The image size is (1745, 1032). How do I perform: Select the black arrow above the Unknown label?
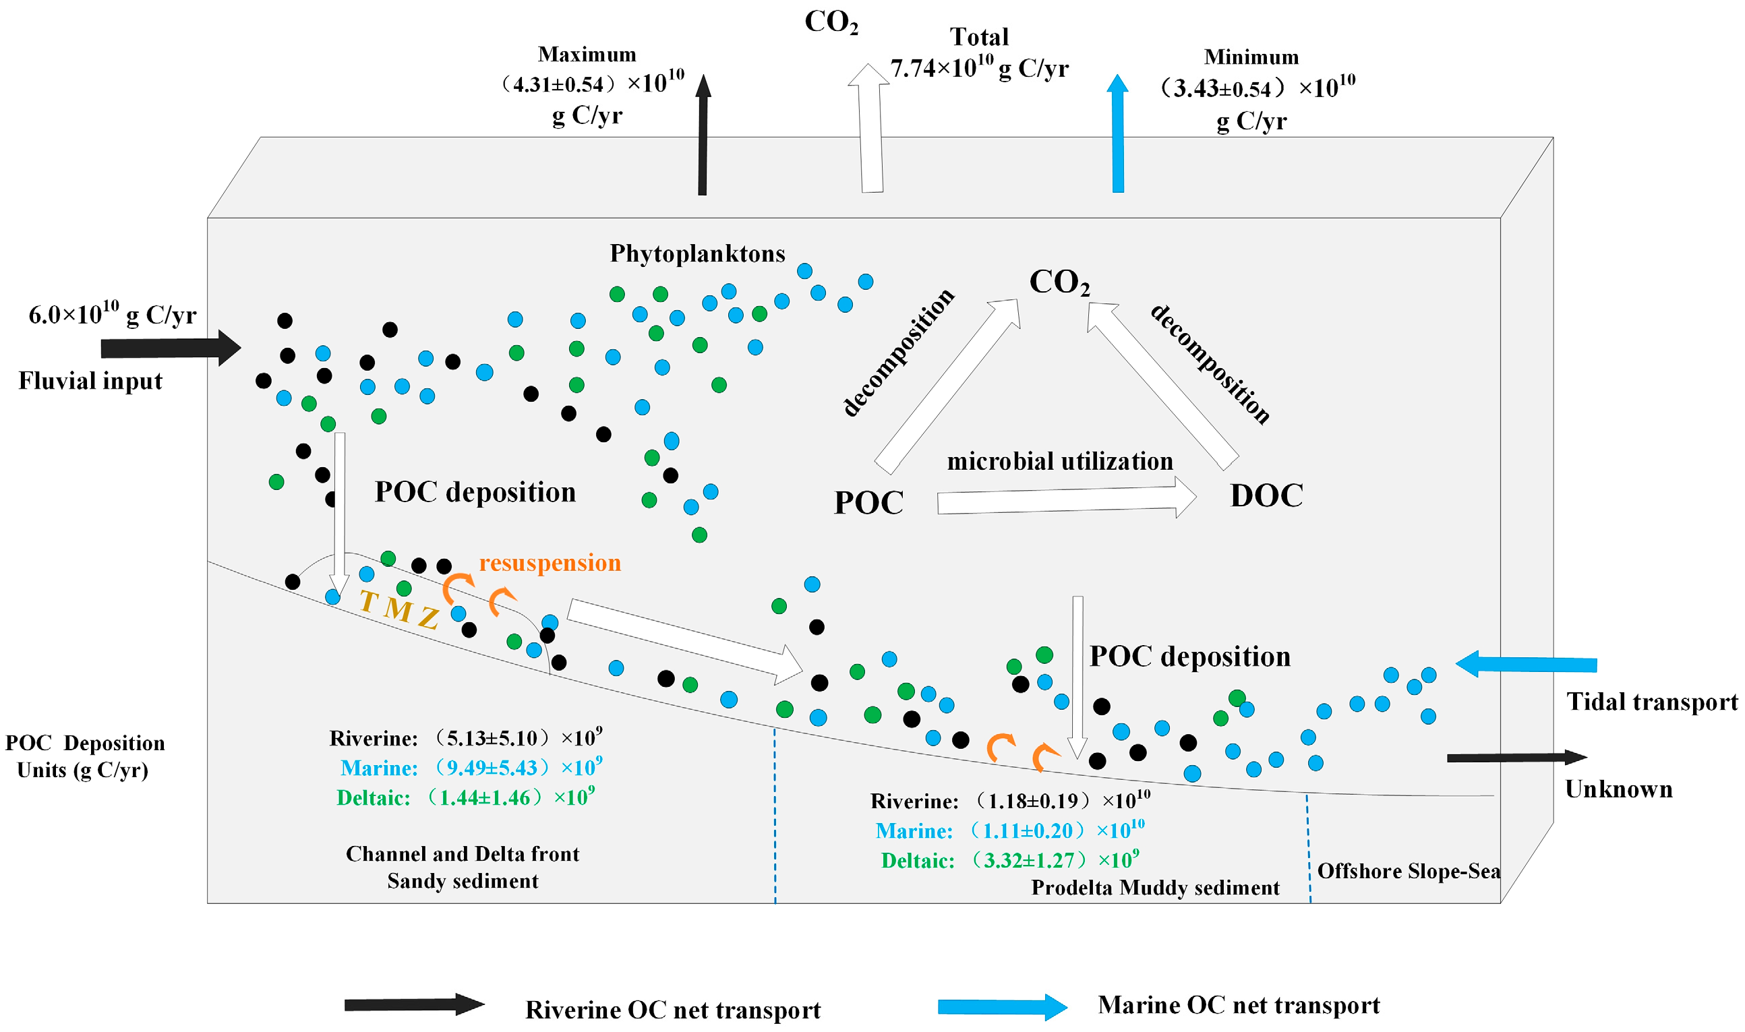[1516, 757]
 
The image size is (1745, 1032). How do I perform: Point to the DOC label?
[1266, 496]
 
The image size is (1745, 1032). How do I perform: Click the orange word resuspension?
[550, 563]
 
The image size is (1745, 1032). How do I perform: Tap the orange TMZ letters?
[399, 609]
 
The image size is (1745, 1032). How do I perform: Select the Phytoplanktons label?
[697, 254]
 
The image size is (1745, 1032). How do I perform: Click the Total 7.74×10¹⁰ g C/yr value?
[978, 68]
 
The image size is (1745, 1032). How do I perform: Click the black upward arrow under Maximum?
[703, 135]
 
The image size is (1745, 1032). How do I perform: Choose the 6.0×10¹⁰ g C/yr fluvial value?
[112, 314]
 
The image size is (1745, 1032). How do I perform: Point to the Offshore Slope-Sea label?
[1409, 871]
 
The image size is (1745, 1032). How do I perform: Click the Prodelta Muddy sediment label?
[1154, 888]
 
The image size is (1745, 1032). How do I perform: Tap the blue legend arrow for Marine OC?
[1001, 1006]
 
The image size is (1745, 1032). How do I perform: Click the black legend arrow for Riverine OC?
[414, 1004]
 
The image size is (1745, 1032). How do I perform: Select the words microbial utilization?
[1059, 461]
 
